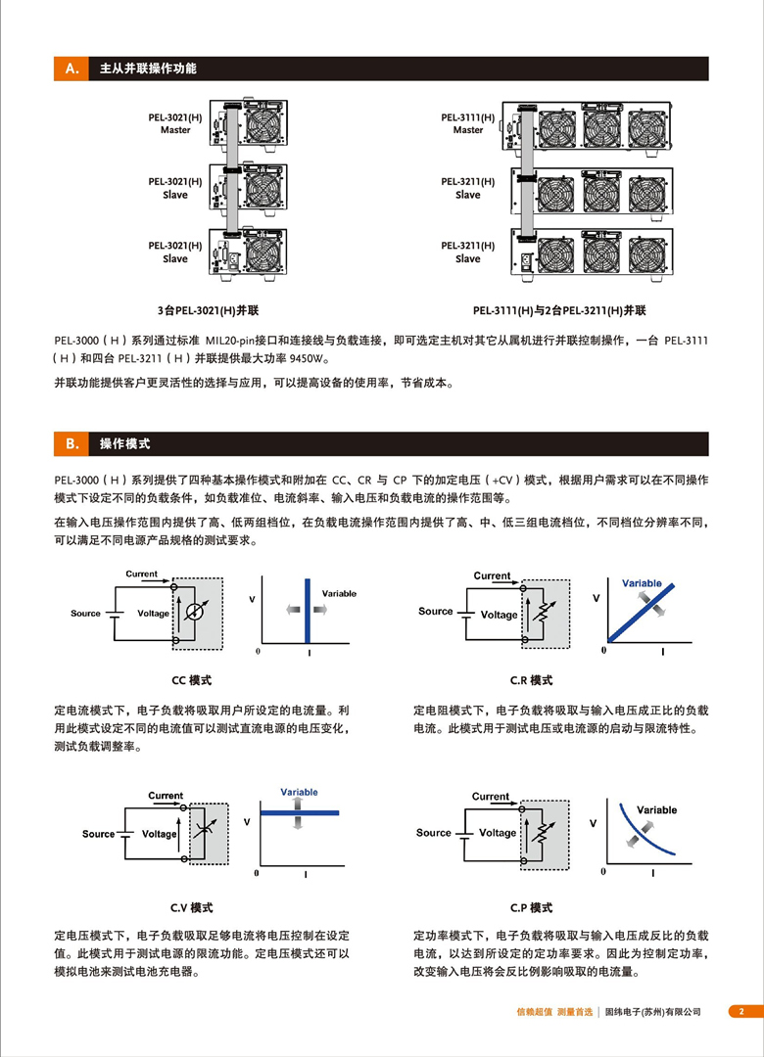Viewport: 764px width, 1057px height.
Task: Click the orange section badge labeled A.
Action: [x=71, y=69]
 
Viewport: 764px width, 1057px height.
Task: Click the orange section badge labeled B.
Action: [x=71, y=443]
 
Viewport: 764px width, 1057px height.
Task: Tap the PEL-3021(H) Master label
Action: [x=175, y=123]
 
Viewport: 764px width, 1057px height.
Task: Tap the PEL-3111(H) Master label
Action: [x=468, y=123]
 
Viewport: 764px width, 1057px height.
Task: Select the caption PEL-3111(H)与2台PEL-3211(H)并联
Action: [x=559, y=310]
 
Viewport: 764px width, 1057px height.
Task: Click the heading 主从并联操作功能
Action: [x=148, y=69]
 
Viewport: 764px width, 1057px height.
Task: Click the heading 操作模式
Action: [x=124, y=443]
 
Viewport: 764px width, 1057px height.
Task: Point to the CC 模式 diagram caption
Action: [x=191, y=679]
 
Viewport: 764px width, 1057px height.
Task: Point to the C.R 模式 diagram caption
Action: [x=531, y=679]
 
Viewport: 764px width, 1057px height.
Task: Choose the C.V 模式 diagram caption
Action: [x=191, y=907]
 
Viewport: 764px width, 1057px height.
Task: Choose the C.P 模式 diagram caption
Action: [x=531, y=907]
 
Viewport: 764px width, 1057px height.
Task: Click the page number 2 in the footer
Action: [x=741, y=1011]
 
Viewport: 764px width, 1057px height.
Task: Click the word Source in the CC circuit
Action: [x=85, y=613]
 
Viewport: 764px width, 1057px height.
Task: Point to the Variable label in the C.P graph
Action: [x=656, y=809]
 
